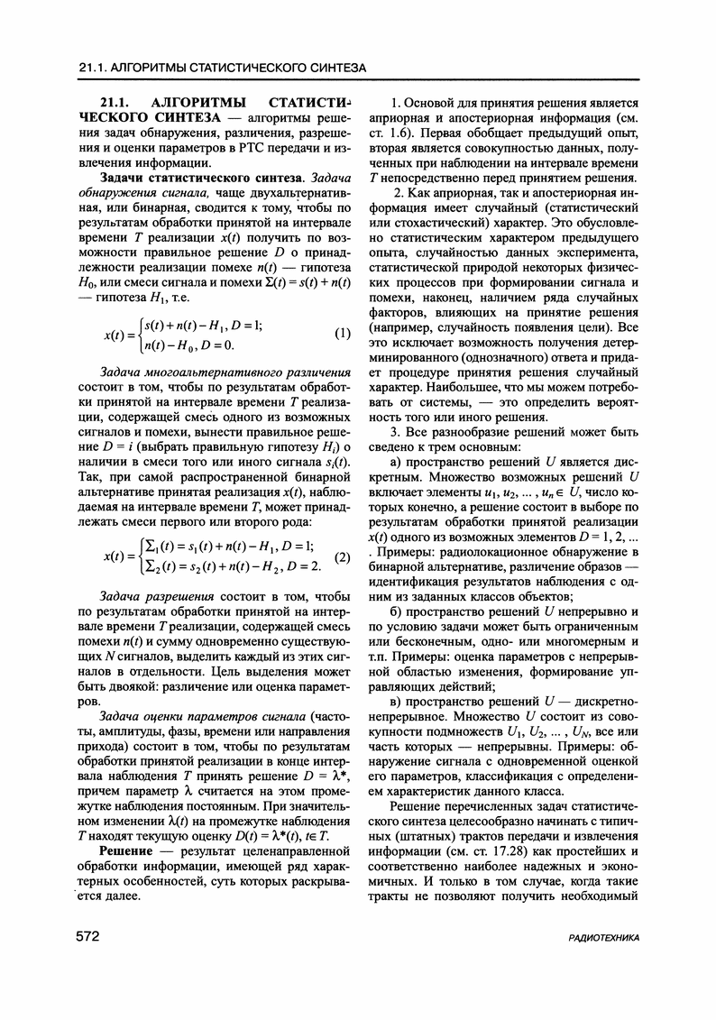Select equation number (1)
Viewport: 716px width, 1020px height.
tap(342, 334)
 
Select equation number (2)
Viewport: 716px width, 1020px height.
tap(342, 556)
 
